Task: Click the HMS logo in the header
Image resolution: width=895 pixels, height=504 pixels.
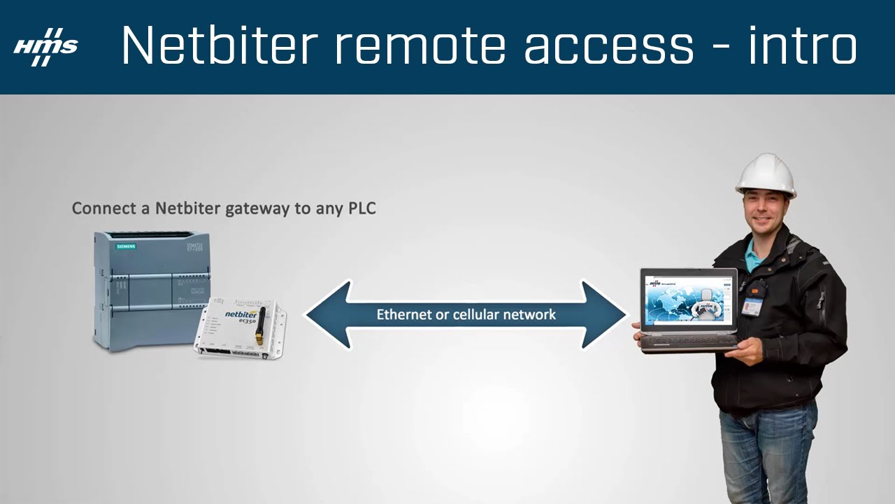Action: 45,47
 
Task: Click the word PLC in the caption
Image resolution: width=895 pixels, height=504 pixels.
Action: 361,209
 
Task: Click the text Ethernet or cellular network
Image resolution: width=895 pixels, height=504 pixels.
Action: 466,314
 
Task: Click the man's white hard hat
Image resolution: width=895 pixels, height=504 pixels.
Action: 766,174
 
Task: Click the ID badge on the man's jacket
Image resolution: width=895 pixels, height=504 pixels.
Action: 750,307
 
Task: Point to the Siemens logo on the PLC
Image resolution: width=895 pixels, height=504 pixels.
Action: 126,246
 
